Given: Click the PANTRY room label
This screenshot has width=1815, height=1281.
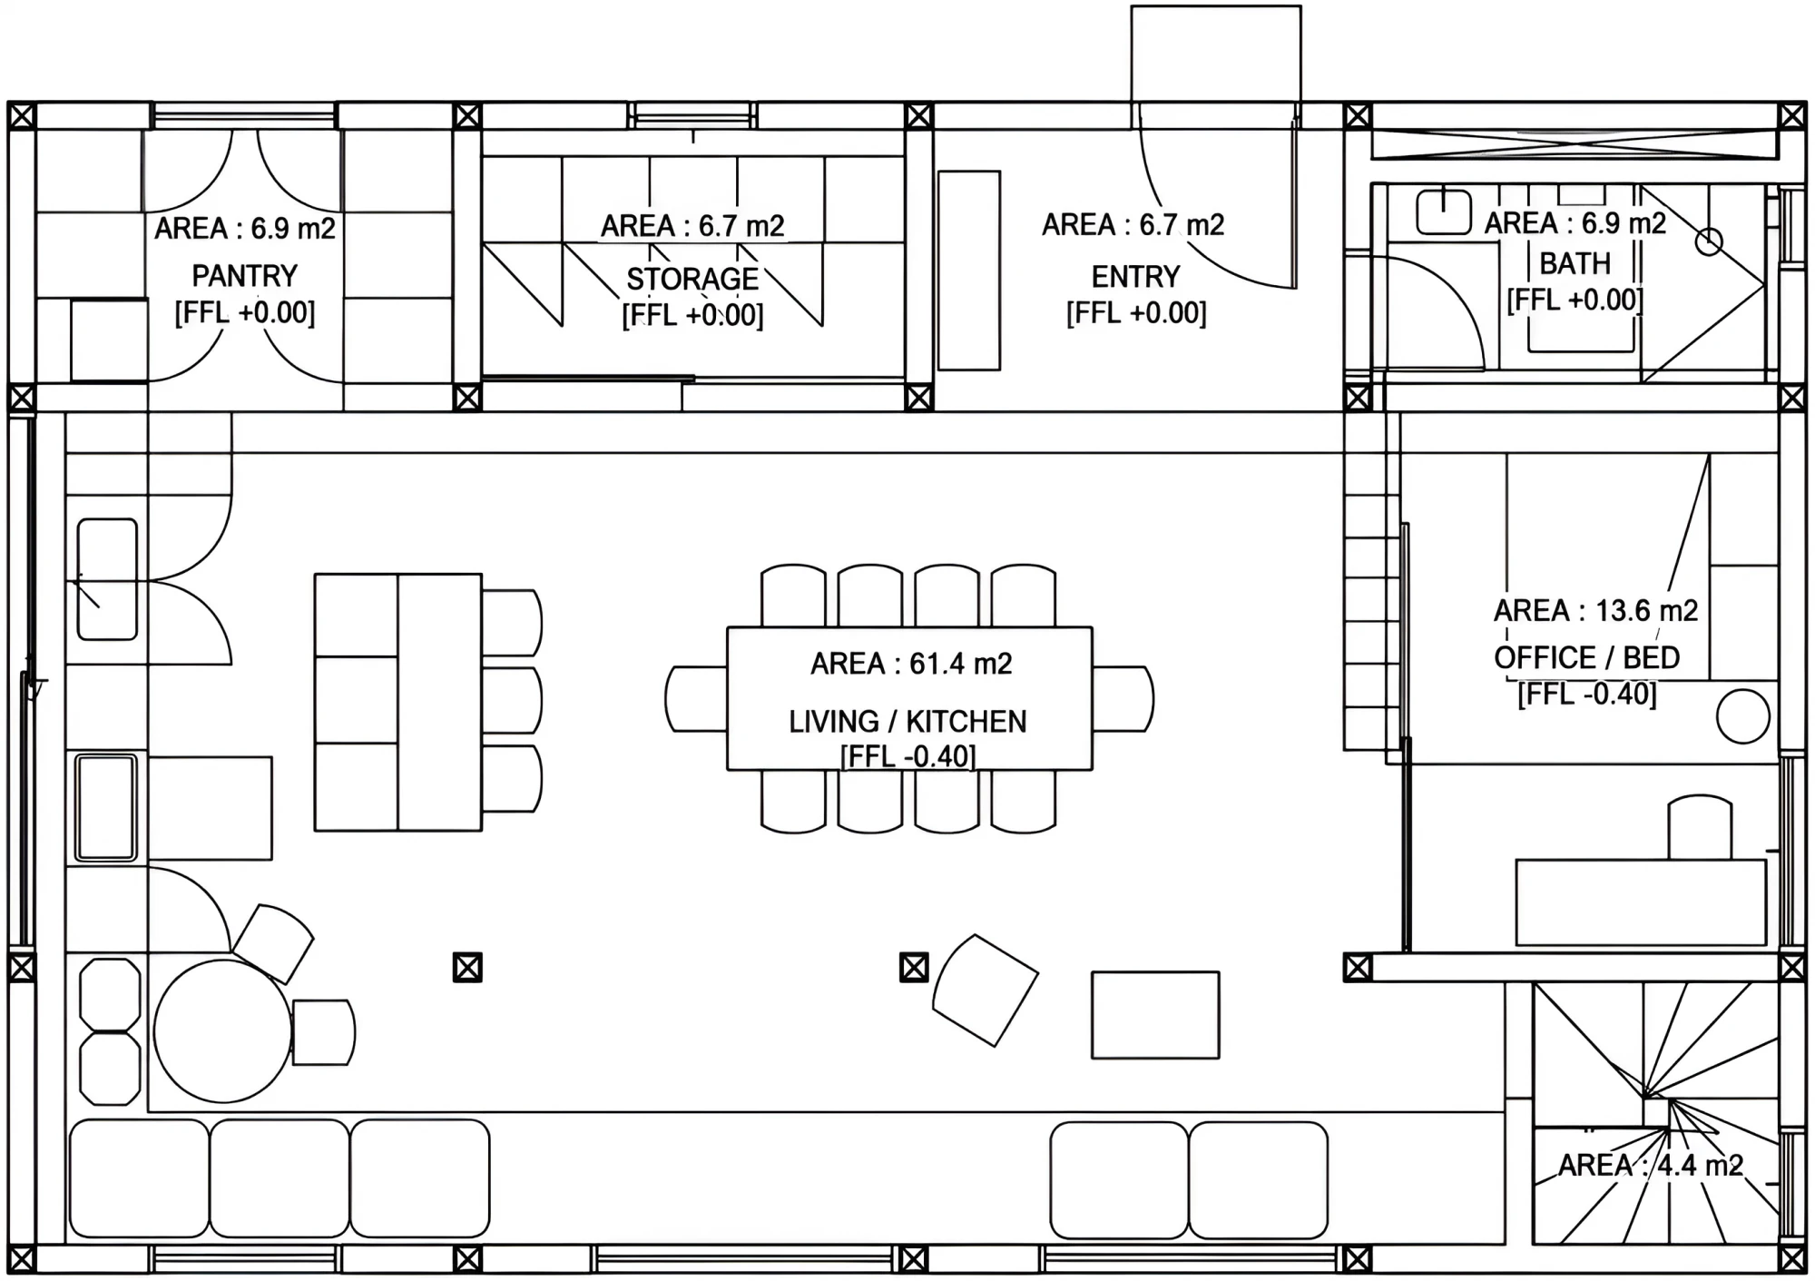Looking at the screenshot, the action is click(245, 275).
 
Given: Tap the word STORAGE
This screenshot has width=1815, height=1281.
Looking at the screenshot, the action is click(692, 279).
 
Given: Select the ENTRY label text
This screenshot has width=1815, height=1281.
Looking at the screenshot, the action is click(1135, 276).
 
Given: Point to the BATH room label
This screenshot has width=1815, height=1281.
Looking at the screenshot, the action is click(1575, 263).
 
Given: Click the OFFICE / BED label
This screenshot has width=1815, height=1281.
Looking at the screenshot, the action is click(1587, 657).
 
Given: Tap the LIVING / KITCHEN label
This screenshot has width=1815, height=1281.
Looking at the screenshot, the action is click(907, 722).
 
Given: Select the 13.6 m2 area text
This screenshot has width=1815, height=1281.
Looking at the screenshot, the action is click(1646, 610).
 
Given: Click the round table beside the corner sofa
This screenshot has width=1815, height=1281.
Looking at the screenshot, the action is click(222, 1031).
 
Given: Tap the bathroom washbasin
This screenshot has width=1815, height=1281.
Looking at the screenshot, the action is click(1444, 211).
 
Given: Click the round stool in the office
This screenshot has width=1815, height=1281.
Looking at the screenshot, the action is click(1743, 716).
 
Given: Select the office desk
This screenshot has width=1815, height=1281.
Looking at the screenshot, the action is click(1642, 903).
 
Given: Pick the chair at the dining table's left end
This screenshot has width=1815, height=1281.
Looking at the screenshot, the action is click(696, 699).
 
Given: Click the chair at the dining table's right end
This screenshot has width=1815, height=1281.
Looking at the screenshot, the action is click(1123, 699).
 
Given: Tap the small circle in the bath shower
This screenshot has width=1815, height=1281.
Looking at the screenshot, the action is click(1709, 242).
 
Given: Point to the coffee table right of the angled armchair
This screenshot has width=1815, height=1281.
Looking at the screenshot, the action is click(1155, 1015).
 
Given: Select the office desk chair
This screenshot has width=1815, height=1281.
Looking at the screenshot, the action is click(1701, 828).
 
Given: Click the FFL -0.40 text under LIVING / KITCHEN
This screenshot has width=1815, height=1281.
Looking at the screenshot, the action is click(907, 756).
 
